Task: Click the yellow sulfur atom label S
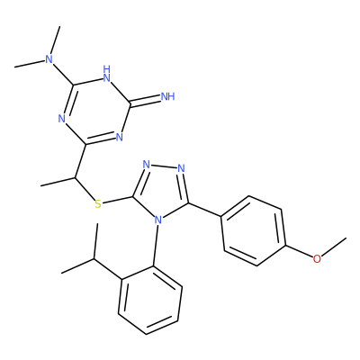(98, 204)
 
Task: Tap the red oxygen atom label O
(317, 258)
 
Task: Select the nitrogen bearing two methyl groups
(49, 59)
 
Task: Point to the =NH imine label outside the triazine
(167, 96)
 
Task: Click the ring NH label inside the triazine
(107, 74)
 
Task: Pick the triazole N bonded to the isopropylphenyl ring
(158, 220)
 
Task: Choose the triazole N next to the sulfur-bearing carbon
(146, 165)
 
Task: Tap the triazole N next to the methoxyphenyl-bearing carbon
(181, 168)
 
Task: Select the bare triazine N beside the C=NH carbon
(120, 137)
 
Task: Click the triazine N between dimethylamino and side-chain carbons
(62, 119)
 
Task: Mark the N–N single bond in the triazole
(164, 166)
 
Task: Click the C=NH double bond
(145, 101)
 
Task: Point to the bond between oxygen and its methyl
(334, 247)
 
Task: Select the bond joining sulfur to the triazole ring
(118, 201)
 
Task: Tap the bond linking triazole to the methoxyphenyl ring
(204, 210)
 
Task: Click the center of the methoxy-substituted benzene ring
(253, 231)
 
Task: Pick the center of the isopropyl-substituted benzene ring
(150, 300)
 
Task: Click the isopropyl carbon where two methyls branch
(94, 258)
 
